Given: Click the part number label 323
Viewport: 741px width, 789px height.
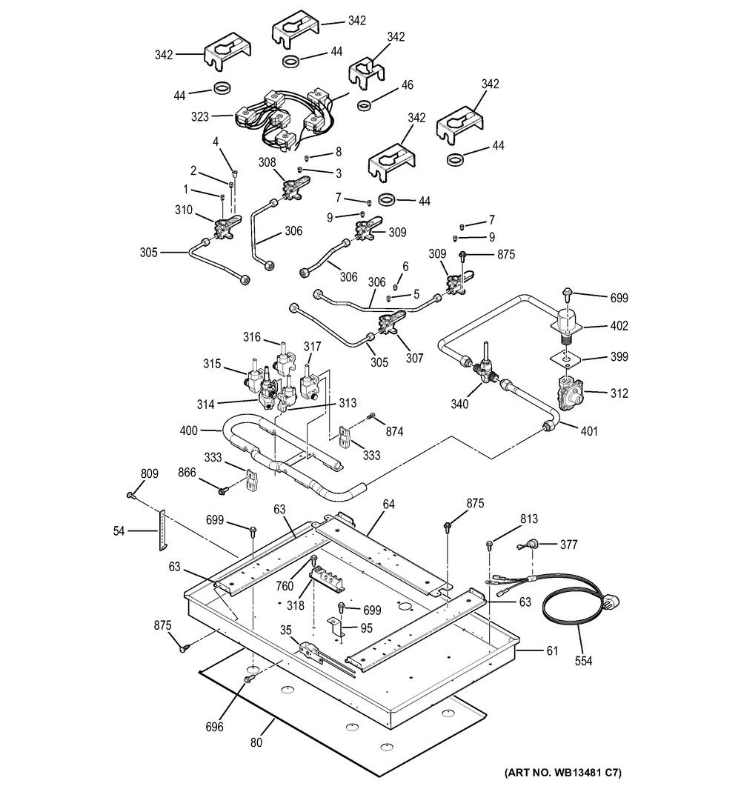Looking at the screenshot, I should pyautogui.click(x=200, y=116).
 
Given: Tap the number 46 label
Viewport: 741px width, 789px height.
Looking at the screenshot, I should pyautogui.click(x=407, y=84).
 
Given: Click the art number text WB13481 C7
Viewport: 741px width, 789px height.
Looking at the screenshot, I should pyautogui.click(x=562, y=773).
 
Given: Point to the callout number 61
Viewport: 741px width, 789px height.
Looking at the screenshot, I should pyautogui.click(x=551, y=651).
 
